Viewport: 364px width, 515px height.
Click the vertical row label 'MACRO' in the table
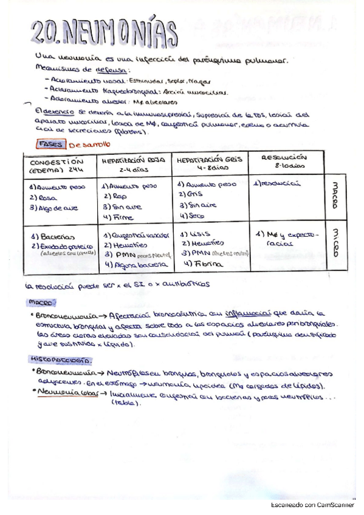click(x=335, y=194)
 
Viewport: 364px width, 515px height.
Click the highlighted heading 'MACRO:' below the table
click(x=42, y=302)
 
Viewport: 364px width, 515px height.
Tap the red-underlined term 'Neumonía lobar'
click(x=62, y=393)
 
